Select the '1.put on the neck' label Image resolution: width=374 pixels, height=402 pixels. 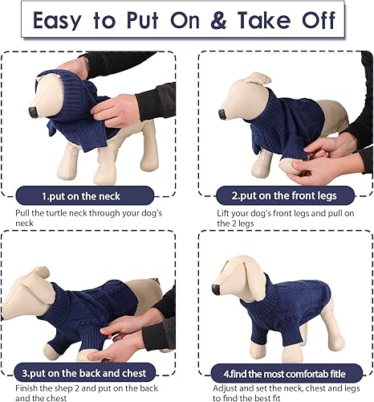point(91,194)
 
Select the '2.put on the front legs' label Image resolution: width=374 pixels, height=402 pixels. point(283,194)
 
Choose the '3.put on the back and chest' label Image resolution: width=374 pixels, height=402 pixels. point(91,373)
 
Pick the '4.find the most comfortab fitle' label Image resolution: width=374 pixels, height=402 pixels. point(283,373)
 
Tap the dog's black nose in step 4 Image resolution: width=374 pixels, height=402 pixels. point(215,288)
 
